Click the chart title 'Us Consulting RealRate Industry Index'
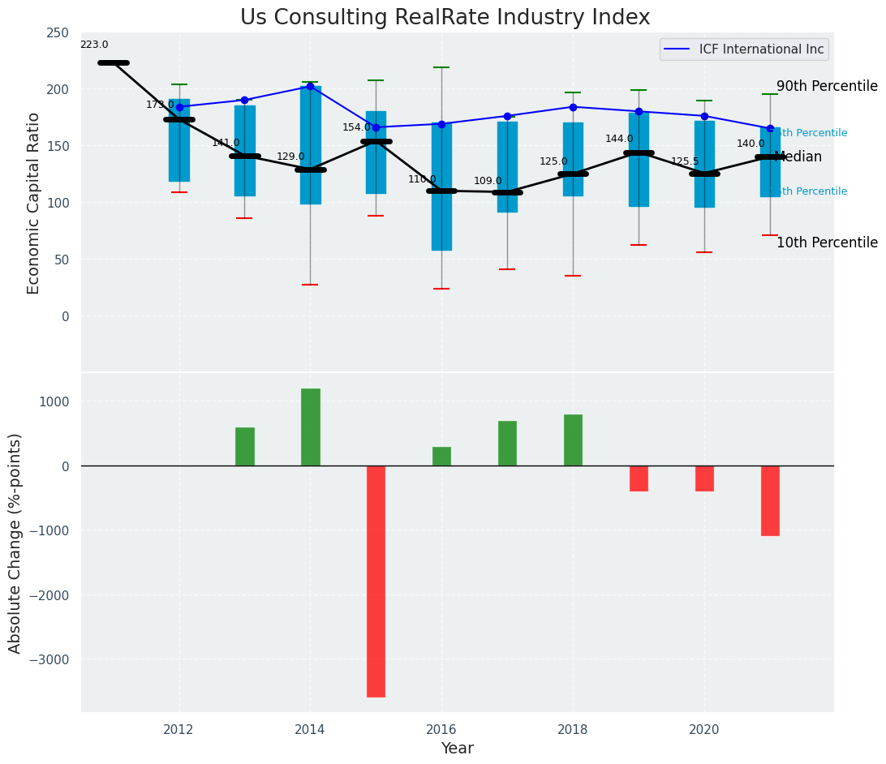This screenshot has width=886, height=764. (x=445, y=18)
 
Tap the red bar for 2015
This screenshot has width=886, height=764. (x=376, y=581)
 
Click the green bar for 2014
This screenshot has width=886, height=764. (x=310, y=427)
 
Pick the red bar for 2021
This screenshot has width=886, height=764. (x=770, y=500)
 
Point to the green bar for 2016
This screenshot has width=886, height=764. (x=441, y=456)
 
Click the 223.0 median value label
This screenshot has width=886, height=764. (x=94, y=45)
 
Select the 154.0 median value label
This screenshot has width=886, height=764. (x=356, y=128)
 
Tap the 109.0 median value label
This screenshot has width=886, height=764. (x=488, y=182)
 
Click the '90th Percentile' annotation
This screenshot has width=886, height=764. (x=827, y=87)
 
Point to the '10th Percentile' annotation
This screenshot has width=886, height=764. (x=827, y=243)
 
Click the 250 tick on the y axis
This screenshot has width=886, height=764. (x=58, y=33)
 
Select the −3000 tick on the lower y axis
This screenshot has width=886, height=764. (x=50, y=660)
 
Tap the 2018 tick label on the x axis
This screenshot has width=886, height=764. (x=573, y=730)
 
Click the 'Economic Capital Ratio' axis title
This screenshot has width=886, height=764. (x=34, y=203)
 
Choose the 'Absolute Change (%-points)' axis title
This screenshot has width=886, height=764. (x=15, y=543)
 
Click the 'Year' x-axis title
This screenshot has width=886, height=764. (x=457, y=749)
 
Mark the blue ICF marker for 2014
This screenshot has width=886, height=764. (x=310, y=86)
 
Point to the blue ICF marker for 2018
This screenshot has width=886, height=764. (x=573, y=107)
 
